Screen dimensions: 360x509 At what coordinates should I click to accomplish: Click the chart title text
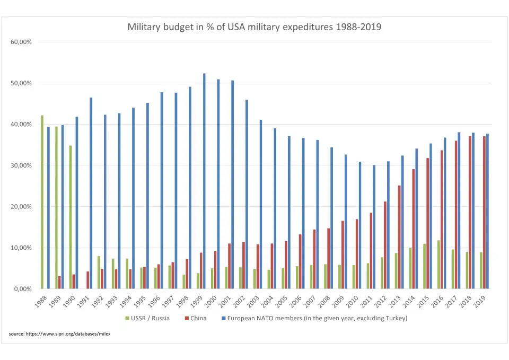pos(254,27)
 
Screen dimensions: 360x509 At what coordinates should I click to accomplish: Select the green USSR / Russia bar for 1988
pos(42,202)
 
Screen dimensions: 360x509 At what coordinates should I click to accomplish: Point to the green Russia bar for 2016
pos(439,265)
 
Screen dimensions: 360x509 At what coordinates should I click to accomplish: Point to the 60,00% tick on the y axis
pos(22,42)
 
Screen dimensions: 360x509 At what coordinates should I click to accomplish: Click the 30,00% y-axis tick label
pos(22,165)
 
